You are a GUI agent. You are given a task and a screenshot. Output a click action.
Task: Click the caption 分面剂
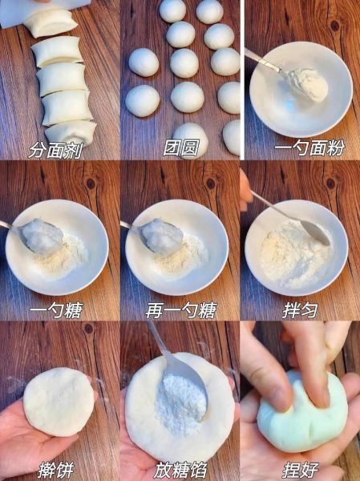[x=59, y=149]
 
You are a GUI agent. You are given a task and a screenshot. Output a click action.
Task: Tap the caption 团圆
[x=180, y=149]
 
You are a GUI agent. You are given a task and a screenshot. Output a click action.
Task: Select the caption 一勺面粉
[x=301, y=149]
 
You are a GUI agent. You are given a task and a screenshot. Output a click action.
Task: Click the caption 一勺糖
[x=59, y=310]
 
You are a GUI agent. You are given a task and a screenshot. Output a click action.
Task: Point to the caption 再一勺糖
[x=180, y=310]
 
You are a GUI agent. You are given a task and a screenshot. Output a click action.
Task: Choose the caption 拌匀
[x=301, y=310]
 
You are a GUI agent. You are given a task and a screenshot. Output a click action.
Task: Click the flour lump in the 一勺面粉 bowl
[x=308, y=84]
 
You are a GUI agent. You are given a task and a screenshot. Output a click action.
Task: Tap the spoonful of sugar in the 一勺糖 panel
[x=42, y=236]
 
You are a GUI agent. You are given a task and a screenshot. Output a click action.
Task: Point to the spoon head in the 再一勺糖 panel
[x=161, y=236]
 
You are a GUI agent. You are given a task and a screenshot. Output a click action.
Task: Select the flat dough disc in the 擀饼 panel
[x=58, y=401]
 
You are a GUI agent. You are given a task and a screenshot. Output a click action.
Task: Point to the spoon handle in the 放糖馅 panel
[x=159, y=341]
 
